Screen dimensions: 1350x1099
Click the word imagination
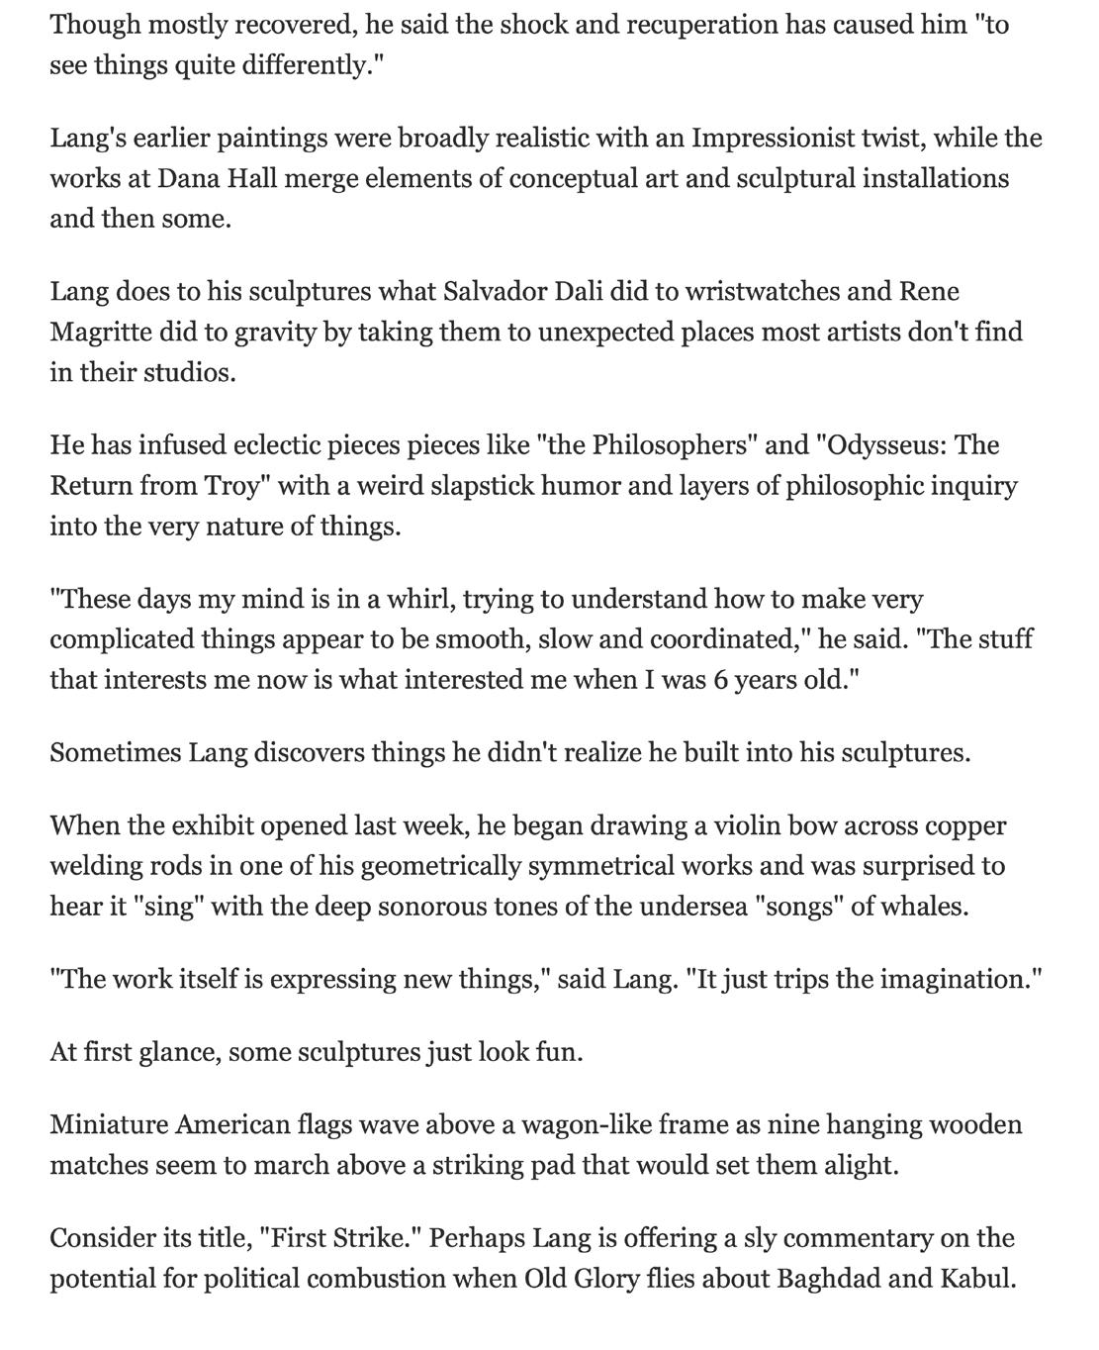click(x=955, y=980)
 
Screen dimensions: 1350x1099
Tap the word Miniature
click(x=109, y=1125)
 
